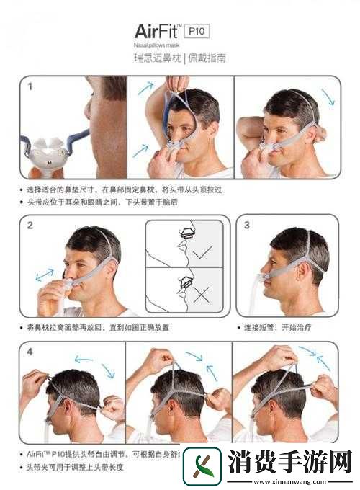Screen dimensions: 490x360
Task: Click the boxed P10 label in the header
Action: point(197,30)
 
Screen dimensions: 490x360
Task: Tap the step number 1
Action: point(30,87)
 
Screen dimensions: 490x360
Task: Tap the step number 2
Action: point(30,225)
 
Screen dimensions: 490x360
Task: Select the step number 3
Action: point(246,225)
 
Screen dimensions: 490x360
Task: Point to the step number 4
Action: point(30,352)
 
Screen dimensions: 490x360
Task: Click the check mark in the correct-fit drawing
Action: point(204,251)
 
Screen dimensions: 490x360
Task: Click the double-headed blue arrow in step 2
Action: point(45,275)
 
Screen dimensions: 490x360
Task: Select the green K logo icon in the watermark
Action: point(202,465)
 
